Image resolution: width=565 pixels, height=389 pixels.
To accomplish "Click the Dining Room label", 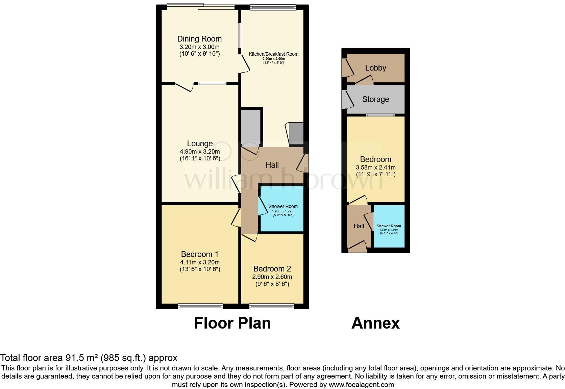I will pos(199,39).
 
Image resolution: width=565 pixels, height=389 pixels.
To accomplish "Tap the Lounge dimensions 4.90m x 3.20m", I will pos(200,151).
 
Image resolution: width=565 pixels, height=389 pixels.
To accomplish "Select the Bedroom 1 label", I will pos(200,254).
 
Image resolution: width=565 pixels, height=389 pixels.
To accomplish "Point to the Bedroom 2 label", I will pos(272,269).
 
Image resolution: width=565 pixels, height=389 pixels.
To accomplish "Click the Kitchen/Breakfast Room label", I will pos(274,54).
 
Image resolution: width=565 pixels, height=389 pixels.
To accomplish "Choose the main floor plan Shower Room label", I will pos(283,206).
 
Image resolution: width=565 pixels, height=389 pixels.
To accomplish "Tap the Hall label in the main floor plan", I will pos(272,165).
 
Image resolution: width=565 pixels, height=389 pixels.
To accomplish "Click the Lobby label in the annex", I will pos(375,68).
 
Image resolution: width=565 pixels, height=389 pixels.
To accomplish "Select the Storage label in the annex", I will pos(375,99).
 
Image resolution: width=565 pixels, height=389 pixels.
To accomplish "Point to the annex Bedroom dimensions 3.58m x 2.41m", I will pos(375,167).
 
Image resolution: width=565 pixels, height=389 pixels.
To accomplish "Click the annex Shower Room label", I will pos(389,226).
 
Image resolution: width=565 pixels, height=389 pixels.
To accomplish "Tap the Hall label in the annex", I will pos(359,226).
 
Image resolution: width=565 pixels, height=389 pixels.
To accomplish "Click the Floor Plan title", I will pos(232,323).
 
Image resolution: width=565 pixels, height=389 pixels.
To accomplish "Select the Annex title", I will pos(375,323).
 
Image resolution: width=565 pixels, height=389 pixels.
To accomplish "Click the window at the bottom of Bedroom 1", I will pos(200,306).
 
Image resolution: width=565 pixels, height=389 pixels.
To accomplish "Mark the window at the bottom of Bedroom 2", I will pos(272,306).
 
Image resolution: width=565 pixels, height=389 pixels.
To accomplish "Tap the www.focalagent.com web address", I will pos(361,385).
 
